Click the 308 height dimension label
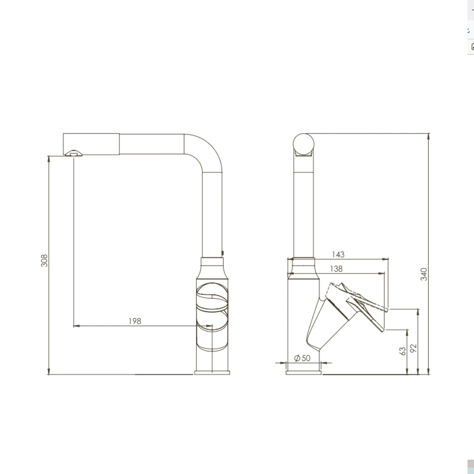tap(44, 261)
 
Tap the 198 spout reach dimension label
tap(135, 321)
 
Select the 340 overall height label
tap(424, 274)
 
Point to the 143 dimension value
tap(338, 255)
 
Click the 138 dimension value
tap(336, 269)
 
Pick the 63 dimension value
tap(402, 351)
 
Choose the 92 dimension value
tap(413, 348)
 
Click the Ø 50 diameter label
tap(302, 358)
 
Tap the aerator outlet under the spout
tap(74, 153)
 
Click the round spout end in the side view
tap(304, 144)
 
